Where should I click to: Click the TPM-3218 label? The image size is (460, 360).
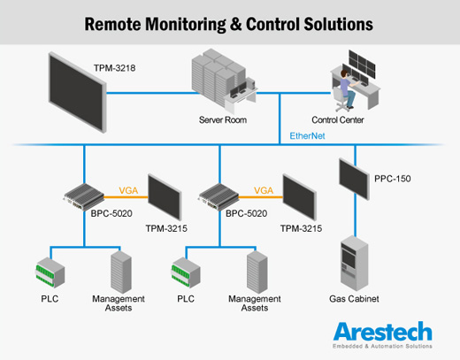coord(114,68)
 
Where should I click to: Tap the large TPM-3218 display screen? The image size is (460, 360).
coord(77,93)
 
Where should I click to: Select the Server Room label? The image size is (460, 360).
coord(223,120)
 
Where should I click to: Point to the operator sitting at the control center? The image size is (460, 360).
coord(347,88)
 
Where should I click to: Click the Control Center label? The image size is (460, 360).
coord(338,120)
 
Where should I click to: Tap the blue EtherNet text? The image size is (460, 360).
coord(307,136)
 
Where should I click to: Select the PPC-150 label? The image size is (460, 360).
coord(393,179)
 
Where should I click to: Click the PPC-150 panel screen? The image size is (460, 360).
coord(354,179)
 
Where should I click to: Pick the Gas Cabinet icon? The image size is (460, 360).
coord(355,263)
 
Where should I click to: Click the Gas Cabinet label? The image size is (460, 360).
coord(354,299)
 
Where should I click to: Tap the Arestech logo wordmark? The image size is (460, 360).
coord(383,332)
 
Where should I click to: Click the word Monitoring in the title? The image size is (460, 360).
coord(186,25)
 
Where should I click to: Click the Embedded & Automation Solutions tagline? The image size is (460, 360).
coord(382,346)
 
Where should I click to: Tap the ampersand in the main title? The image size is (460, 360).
coord(236,24)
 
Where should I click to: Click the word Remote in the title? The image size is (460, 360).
coord(112,24)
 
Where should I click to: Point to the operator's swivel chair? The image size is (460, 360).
coord(341,99)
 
